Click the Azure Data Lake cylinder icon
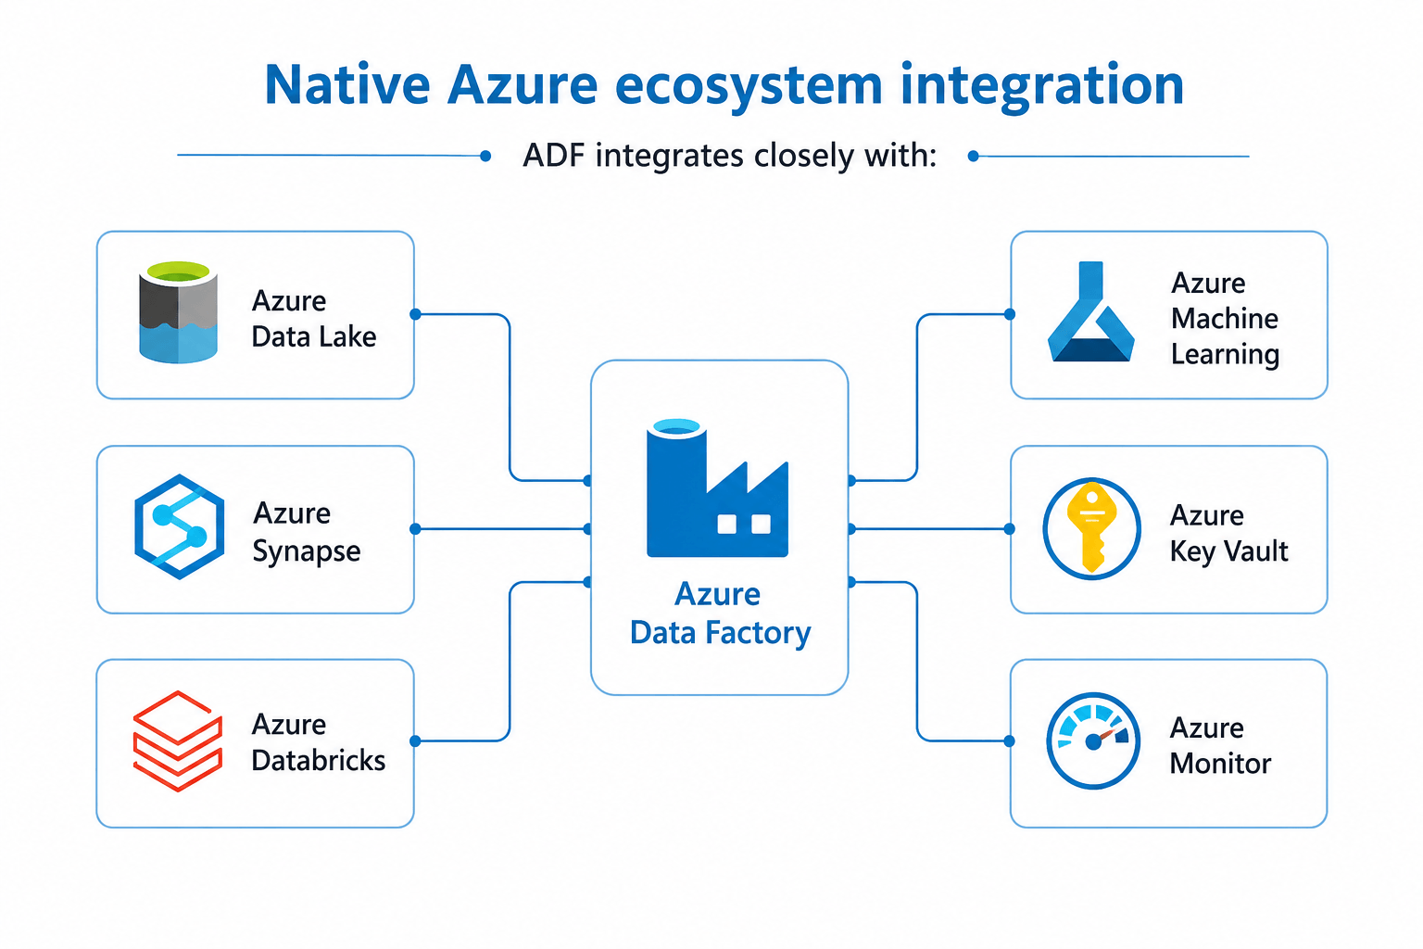click(179, 312)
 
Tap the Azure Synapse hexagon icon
click(179, 526)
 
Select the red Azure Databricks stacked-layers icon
click(178, 741)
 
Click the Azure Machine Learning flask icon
click(1090, 311)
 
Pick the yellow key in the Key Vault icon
click(1092, 527)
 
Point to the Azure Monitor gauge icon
click(1092, 741)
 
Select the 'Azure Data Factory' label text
click(720, 614)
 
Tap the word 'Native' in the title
click(346, 84)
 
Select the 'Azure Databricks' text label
click(319, 742)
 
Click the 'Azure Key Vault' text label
click(1228, 533)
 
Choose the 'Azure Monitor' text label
click(1220, 746)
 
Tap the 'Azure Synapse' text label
click(307, 532)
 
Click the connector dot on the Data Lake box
click(415, 314)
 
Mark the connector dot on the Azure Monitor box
click(1009, 740)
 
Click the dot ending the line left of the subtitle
click(485, 156)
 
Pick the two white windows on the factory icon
click(744, 525)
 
